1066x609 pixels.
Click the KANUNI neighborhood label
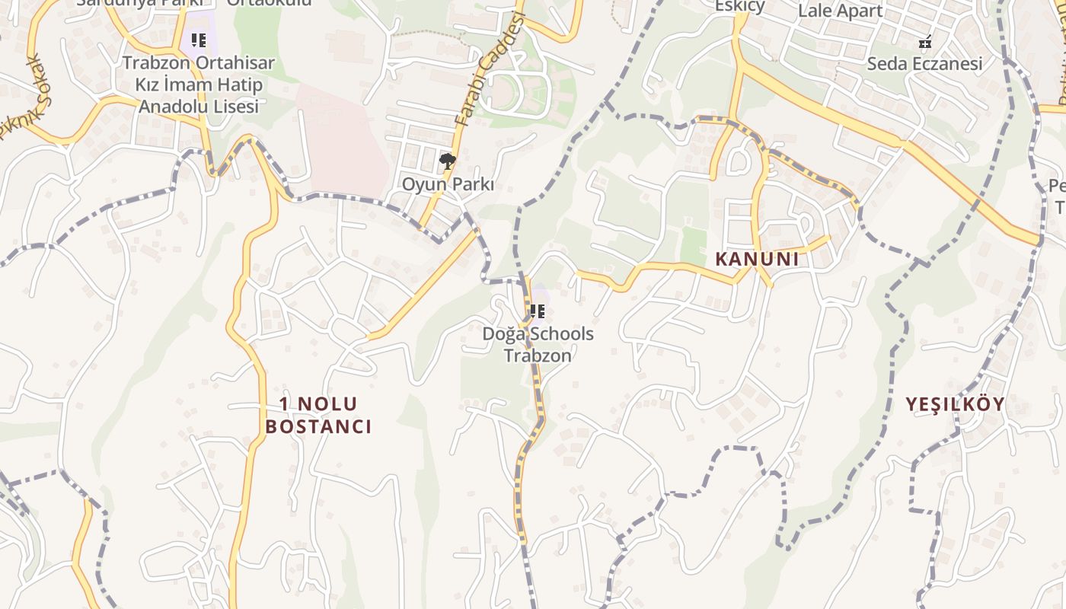pos(757,259)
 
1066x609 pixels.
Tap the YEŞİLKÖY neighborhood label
pos(956,404)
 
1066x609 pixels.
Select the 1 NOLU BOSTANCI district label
pos(318,415)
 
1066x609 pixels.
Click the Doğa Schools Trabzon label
pos(538,344)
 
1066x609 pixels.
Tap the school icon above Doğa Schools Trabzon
pos(538,311)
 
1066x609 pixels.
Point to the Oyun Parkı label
pos(448,184)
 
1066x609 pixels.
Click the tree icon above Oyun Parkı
pos(448,161)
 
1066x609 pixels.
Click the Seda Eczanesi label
pos(925,64)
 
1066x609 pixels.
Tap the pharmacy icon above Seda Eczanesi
pos(925,41)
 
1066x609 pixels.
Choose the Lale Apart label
pos(840,11)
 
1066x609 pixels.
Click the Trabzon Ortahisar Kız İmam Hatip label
pos(198,74)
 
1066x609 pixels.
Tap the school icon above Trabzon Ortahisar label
pos(199,40)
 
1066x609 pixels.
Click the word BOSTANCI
pos(318,426)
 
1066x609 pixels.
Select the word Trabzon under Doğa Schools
pos(538,355)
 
